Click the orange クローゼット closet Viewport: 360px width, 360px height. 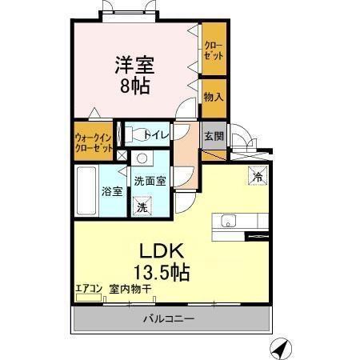point(213,50)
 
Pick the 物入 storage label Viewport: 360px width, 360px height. point(213,98)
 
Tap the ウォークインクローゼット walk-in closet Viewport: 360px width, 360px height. point(94,140)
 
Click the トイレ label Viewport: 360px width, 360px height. point(156,135)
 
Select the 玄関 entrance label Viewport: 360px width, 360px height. point(213,134)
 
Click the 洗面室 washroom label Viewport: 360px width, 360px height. point(150,181)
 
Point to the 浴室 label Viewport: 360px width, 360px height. point(111,192)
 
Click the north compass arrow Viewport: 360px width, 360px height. point(278,348)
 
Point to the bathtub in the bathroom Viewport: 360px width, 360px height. point(86,190)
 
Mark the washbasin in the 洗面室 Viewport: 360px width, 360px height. point(142,158)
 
